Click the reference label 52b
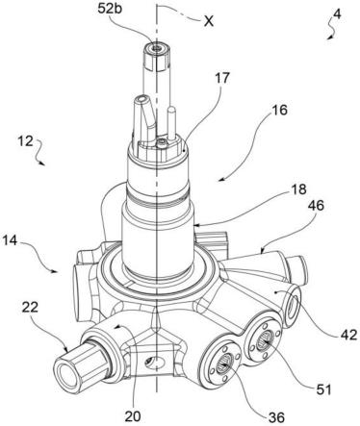(110, 9)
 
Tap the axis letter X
(209, 21)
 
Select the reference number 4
(337, 13)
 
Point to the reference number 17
(223, 78)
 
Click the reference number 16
(279, 110)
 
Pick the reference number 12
(25, 140)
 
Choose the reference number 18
(298, 189)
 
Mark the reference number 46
(316, 206)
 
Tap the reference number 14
(10, 240)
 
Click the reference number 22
(30, 307)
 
